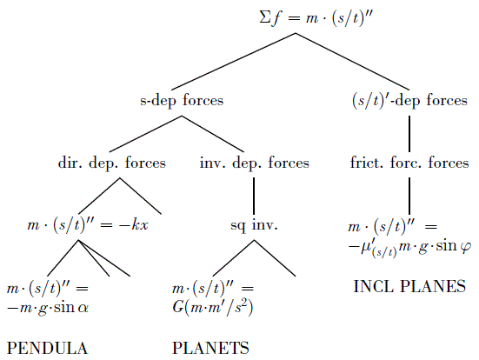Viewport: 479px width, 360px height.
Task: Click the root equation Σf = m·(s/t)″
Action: (316, 18)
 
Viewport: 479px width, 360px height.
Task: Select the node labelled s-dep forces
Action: (182, 101)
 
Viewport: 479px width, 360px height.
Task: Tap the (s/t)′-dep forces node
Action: (409, 101)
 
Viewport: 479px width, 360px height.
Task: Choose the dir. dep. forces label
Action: (112, 163)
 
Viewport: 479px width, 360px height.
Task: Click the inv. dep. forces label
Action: (254, 163)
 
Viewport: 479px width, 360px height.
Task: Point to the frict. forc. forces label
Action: (409, 163)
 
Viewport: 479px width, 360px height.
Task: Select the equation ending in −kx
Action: (88, 226)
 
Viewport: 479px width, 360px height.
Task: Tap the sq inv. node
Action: (254, 226)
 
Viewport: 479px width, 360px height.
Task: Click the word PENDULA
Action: (47, 348)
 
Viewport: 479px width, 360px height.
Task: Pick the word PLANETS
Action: (210, 348)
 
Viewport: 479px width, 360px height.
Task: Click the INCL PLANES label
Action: (409, 286)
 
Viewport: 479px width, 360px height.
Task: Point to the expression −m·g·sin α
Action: (48, 308)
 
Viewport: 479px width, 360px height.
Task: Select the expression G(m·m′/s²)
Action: (213, 308)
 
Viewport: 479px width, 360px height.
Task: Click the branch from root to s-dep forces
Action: (233, 62)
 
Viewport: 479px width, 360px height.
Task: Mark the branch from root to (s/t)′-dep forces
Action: (353, 62)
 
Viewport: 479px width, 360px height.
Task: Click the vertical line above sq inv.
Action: (254, 196)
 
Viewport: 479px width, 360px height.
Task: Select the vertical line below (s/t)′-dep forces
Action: (409, 134)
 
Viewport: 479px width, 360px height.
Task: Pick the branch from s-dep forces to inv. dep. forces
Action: (213, 134)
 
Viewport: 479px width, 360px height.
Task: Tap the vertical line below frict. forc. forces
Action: (409, 196)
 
